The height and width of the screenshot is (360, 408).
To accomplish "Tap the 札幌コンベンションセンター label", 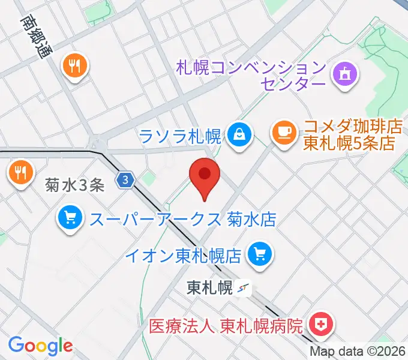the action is (251, 75).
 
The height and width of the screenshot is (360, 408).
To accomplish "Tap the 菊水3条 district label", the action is (75, 185).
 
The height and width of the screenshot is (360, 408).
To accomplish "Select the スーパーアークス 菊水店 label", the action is (182, 219).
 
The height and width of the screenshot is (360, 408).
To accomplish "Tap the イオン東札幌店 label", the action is (183, 256).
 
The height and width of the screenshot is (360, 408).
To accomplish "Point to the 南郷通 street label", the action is (36, 36).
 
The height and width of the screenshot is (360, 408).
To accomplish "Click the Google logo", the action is (40, 345).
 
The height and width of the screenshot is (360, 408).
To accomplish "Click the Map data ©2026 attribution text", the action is (358, 352).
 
